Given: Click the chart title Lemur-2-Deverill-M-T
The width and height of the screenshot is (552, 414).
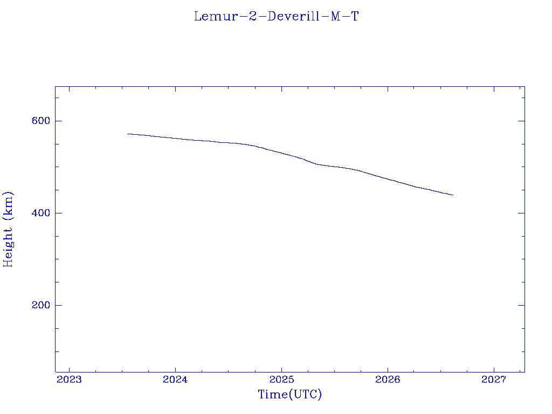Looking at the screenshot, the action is pos(277,16).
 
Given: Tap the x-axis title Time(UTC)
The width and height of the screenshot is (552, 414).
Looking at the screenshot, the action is pos(289,394).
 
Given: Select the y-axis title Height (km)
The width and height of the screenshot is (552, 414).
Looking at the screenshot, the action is pos(8,229).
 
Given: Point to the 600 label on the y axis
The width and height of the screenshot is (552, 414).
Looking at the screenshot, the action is pos(41,121).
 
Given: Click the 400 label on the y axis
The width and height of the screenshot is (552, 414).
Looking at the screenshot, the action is pos(41,213).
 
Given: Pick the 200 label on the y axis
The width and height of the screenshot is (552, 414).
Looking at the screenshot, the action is pos(41,305).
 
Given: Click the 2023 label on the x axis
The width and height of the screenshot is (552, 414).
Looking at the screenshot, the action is pos(69,379).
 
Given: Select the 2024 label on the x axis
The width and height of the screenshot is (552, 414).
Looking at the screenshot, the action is pos(175,379).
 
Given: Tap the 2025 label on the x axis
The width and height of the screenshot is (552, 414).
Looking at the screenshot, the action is pos(281,379).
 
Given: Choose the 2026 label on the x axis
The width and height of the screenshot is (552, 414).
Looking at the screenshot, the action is pos(388,379).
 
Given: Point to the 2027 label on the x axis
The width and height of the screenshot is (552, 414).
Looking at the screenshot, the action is pos(494,379).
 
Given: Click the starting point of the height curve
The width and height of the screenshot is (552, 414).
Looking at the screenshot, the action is pos(127,134).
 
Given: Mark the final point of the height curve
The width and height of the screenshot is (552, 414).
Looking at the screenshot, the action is pos(453,195).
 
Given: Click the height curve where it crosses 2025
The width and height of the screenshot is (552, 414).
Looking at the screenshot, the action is pos(281,153).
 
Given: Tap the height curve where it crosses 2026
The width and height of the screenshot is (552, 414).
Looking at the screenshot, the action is pos(388,179).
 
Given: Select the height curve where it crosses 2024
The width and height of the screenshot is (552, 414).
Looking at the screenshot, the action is pos(175,139).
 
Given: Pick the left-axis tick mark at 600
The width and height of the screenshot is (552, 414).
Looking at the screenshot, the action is pos(58,121).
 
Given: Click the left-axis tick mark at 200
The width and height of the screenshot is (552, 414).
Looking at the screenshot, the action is pos(58,305).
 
